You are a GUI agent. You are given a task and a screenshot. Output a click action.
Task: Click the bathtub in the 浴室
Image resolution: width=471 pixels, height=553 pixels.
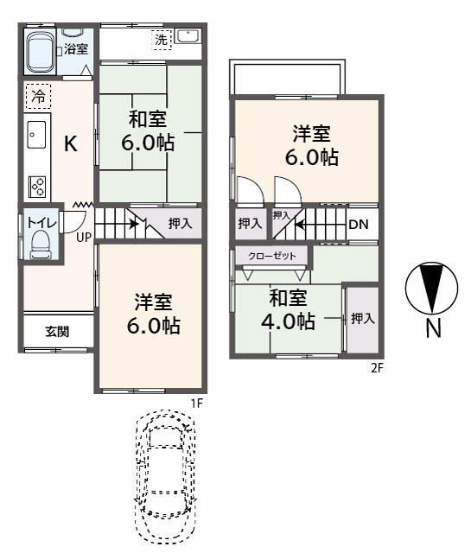coord(41,53)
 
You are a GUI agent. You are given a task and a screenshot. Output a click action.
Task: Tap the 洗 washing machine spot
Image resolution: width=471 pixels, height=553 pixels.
coord(162,40)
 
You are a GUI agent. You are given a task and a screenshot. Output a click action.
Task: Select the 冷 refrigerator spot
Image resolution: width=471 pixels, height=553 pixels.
coord(38,96)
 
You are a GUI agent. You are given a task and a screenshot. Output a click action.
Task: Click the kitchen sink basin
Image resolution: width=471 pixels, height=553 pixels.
coord(36,135)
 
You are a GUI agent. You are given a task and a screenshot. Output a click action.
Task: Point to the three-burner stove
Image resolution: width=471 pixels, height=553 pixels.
coord(37,187)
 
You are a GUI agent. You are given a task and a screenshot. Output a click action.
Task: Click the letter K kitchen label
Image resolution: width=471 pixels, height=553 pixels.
coord(71,143)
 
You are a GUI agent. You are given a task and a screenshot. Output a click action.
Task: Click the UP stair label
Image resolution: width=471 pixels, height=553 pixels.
coord(84,238)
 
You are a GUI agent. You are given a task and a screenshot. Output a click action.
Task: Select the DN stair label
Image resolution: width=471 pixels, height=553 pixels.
coord(359,225)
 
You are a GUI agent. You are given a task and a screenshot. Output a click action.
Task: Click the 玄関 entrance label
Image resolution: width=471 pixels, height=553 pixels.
coord(57,332)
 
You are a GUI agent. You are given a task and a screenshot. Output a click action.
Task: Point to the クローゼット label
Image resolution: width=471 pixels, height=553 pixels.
coord(271,256)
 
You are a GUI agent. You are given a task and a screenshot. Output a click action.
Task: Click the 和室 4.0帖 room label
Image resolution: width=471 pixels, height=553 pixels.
coord(289,309)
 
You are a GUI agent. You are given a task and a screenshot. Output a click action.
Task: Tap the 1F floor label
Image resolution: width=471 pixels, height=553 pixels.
coord(197,404)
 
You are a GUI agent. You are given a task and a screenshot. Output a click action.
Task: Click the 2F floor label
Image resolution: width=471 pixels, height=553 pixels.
coord(377,368)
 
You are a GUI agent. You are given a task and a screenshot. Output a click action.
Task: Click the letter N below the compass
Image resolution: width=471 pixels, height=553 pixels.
coord(433,328)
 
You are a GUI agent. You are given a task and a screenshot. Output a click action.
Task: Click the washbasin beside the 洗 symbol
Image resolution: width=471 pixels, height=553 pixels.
coord(188,36)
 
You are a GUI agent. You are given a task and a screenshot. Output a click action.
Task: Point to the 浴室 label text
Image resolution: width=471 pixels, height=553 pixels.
coord(76,49)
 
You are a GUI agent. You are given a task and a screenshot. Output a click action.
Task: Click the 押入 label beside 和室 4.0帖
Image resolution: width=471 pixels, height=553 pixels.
coord(363,319)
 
